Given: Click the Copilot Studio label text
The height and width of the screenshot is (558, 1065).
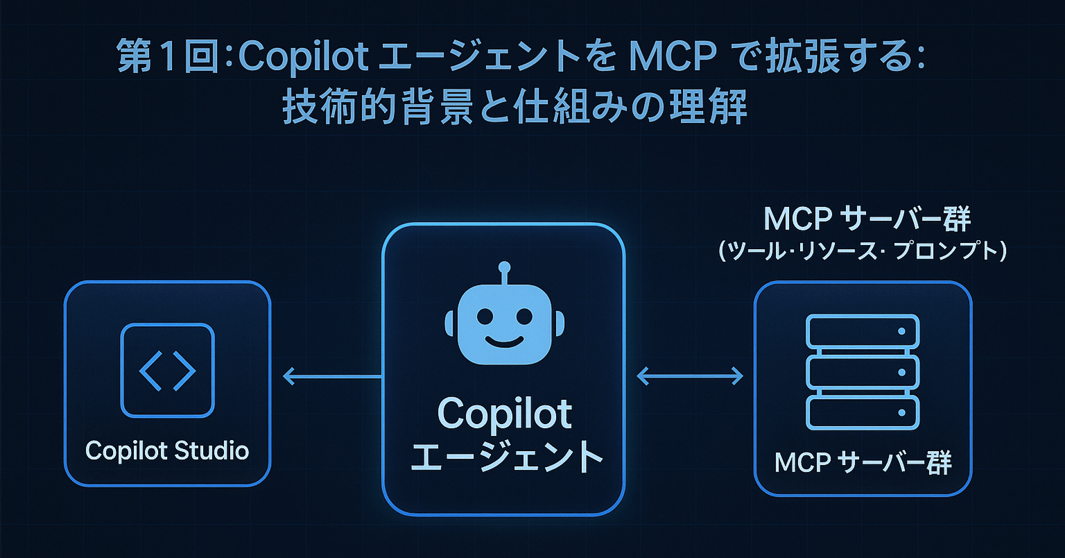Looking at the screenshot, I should click(166, 450).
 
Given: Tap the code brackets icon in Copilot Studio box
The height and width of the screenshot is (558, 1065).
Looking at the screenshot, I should click(167, 370).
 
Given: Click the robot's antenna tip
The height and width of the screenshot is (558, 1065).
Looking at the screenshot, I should click(504, 267).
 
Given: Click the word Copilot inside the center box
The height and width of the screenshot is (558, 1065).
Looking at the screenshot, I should click(505, 414).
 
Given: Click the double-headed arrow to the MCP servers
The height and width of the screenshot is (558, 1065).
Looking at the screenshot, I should click(689, 377).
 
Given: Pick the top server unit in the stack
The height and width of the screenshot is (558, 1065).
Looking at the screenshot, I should click(863, 332).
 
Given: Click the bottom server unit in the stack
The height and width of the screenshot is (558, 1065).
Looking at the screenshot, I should click(863, 413).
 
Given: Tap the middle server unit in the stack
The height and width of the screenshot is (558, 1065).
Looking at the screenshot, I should click(863, 373).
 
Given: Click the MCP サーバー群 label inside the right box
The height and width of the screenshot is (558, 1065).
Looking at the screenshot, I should click(863, 462).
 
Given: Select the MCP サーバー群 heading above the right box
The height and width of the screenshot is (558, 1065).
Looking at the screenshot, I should click(867, 219).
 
